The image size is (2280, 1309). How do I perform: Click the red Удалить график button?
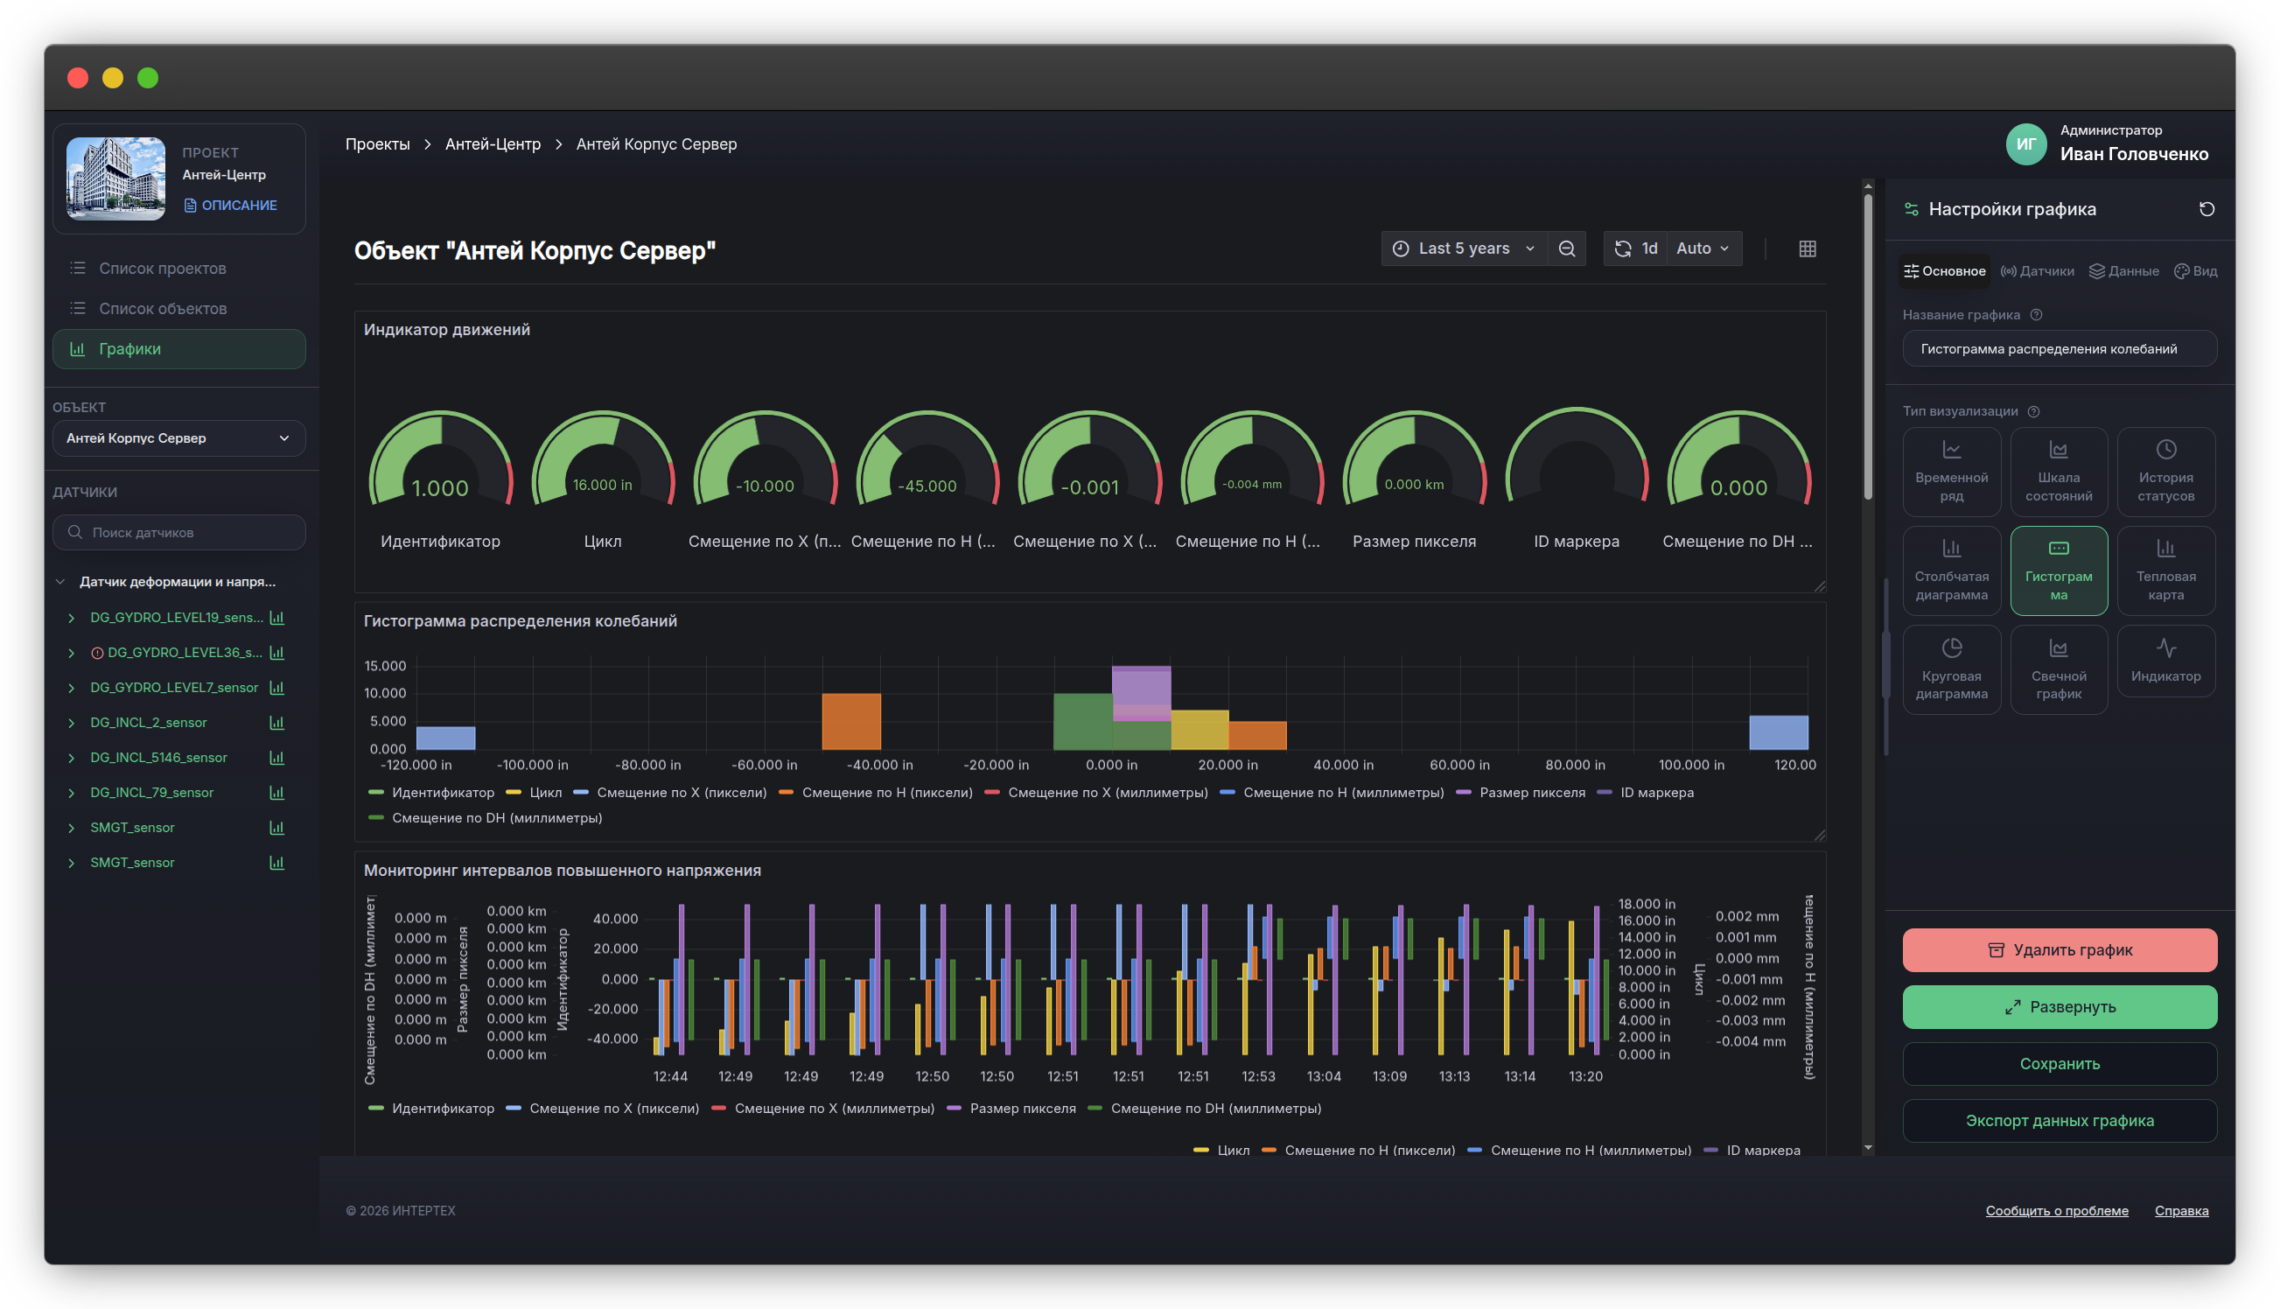pyautogui.click(x=2059, y=949)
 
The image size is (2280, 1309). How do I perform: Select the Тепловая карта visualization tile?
pyautogui.click(x=2165, y=570)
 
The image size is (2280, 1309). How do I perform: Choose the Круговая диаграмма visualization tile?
pyautogui.click(x=1951, y=668)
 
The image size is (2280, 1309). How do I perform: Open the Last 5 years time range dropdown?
pyautogui.click(x=1464, y=248)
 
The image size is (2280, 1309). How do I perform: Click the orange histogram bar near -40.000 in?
pyautogui.click(x=851, y=721)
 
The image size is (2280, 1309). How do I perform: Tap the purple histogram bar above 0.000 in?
pyautogui.click(x=1141, y=692)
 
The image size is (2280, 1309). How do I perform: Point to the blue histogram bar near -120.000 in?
pyautogui.click(x=445, y=738)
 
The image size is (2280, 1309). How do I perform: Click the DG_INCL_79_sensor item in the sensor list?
pyautogui.click(x=152, y=792)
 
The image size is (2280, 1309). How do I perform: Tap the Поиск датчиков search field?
pyautogui.click(x=178, y=532)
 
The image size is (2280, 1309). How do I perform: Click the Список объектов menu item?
pyautogui.click(x=163, y=308)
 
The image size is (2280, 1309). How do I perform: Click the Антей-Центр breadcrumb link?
pyautogui.click(x=493, y=143)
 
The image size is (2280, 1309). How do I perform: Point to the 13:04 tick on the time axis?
pyautogui.click(x=1323, y=1076)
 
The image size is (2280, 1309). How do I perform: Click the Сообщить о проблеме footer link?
pyautogui.click(x=2056, y=1210)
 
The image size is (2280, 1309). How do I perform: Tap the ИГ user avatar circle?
pyautogui.click(x=2025, y=143)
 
